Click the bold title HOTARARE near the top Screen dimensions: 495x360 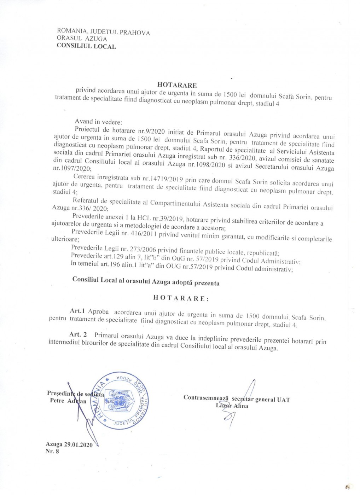point(177,85)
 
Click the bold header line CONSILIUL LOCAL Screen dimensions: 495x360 point(86,46)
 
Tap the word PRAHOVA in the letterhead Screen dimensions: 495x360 point(135,33)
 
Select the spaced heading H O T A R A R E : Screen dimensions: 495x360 point(181,298)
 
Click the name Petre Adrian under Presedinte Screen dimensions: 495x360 point(68,401)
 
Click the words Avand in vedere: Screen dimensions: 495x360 point(98,121)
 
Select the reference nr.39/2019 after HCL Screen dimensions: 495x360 point(169,218)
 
